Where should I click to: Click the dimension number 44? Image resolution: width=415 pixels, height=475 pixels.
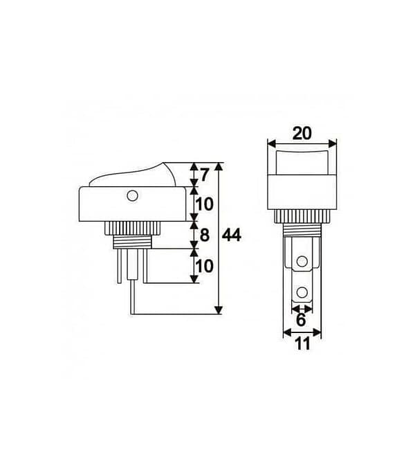point(232,235)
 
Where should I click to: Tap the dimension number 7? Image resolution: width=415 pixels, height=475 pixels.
point(204,175)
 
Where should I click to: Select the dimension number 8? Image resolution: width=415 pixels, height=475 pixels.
point(205,235)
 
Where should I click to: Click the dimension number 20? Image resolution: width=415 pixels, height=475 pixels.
point(302,133)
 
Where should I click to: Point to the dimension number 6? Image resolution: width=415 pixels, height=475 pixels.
point(301,320)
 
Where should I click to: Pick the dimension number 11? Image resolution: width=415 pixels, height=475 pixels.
point(302,344)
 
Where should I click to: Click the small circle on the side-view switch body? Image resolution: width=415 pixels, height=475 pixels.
point(131,196)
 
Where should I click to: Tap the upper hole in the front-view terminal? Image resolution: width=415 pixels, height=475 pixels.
point(302,261)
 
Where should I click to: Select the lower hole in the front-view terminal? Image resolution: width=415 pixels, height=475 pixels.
point(302,293)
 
